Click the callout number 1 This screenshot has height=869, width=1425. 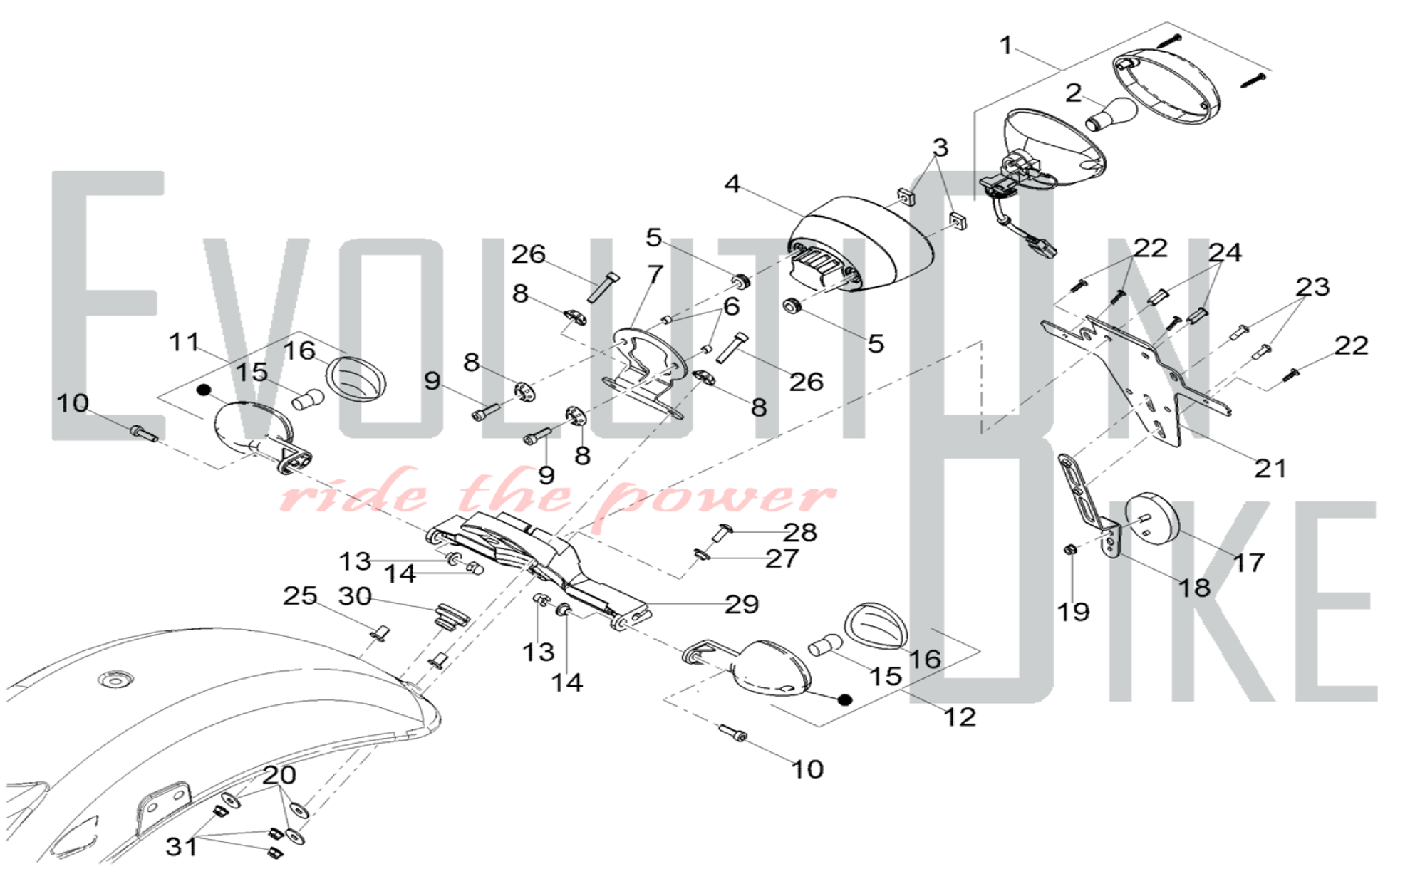click(1005, 46)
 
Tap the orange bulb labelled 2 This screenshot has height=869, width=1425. click(1111, 115)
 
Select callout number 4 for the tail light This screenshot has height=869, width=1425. click(732, 184)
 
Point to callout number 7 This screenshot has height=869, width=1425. click(655, 274)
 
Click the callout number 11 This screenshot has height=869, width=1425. click(184, 342)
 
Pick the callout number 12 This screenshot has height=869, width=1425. click(959, 717)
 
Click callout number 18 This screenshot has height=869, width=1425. click(1194, 588)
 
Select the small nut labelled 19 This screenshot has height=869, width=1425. click(1069, 549)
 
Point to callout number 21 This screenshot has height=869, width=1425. click(1270, 468)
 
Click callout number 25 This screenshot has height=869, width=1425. click(300, 595)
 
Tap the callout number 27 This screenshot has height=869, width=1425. click(782, 559)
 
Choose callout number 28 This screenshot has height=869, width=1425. click(799, 532)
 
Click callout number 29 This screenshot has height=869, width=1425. click(742, 605)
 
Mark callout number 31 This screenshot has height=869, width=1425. click(181, 847)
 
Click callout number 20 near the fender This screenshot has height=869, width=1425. click(279, 774)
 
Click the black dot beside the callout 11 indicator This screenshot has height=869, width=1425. click(204, 390)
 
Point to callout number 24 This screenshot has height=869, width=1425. click(1225, 252)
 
